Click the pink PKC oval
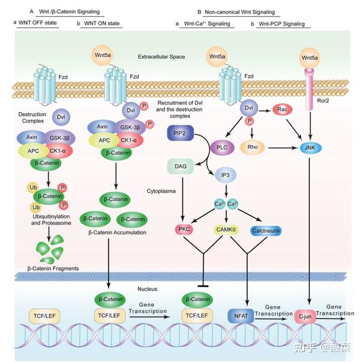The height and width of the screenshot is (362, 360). coord(184,229)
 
